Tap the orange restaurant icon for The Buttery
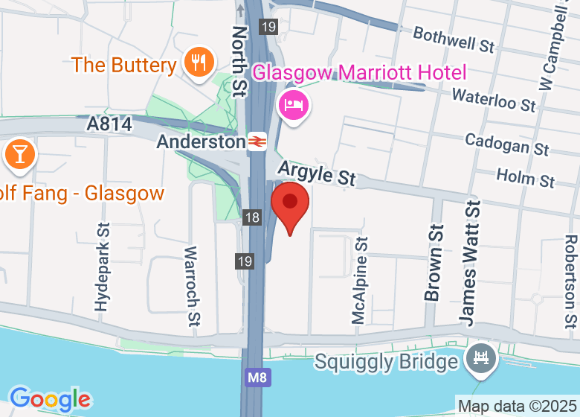point(198,63)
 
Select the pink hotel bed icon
point(292,104)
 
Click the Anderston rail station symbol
point(258,141)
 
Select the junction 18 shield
point(253,217)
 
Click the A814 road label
point(109,124)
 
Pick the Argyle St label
point(317,175)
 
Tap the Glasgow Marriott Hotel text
point(359,73)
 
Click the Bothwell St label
point(454,39)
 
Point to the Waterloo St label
point(494,99)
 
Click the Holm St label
point(525,178)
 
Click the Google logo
point(50,400)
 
